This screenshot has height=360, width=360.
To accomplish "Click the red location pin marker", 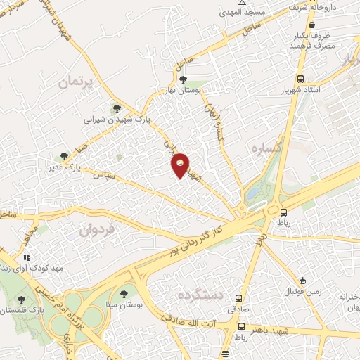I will click(x=181, y=165).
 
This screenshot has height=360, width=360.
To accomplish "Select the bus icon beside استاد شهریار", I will click(x=301, y=79).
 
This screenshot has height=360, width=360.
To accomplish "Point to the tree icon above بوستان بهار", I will click(x=184, y=79).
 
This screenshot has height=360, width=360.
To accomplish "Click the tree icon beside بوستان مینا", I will click(x=124, y=294).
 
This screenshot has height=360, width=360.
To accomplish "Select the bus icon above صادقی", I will click(x=240, y=297).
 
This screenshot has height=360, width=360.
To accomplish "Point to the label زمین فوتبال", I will click(x=302, y=290).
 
